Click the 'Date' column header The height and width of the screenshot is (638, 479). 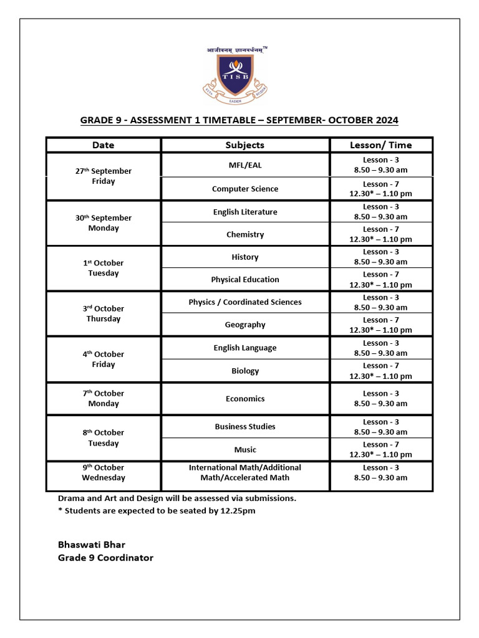104,145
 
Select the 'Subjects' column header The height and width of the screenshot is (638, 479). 244,145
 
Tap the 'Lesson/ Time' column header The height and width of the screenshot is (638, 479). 380,145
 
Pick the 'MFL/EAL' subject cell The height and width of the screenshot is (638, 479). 244,166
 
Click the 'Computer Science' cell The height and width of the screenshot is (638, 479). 244,189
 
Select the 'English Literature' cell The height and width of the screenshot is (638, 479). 244,212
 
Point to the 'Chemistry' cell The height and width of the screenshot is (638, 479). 244,234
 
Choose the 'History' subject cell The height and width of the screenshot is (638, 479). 244,257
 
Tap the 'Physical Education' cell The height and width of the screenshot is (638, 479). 244,280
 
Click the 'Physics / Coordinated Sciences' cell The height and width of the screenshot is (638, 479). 244,302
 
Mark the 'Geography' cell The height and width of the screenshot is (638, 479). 244,325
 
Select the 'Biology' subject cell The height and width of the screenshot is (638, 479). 244,371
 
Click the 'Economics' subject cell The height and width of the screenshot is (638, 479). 244,399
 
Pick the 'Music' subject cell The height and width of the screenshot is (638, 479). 244,449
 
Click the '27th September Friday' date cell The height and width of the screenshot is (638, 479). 104,176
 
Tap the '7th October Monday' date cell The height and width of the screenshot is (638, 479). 104,399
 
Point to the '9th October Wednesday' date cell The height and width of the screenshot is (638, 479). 104,472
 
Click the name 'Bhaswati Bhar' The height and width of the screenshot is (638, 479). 92,545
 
